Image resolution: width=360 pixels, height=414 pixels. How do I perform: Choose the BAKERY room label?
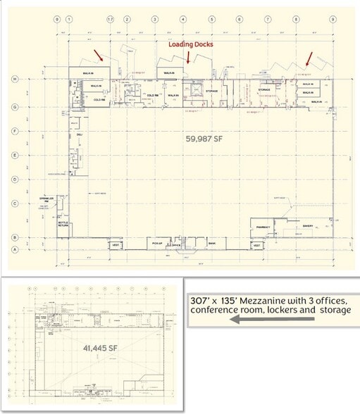[308, 226]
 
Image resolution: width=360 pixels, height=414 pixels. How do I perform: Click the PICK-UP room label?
[156, 243]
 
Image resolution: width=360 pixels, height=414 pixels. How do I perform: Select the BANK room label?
[212, 243]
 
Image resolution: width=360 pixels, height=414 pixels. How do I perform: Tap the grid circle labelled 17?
[110, 19]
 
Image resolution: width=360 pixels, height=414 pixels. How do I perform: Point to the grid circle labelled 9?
[331, 19]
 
